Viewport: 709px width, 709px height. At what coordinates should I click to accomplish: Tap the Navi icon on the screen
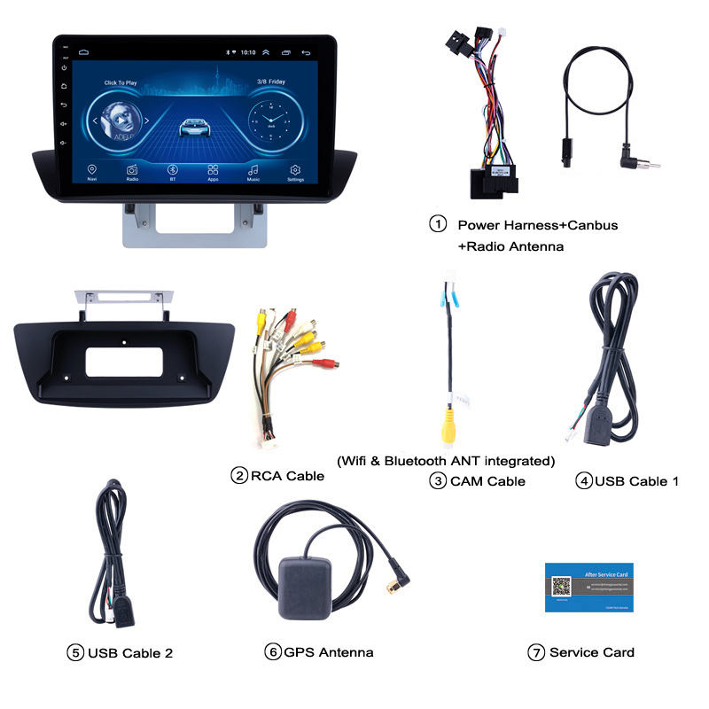point(91,169)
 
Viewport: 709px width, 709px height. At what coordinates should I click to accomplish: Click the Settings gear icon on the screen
point(295,169)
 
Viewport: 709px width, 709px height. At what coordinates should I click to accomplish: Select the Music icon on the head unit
point(253,169)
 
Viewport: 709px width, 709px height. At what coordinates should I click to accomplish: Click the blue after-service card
point(588,586)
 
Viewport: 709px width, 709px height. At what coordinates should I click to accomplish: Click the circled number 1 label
point(438,224)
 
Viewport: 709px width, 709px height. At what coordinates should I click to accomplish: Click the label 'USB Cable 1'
point(636,481)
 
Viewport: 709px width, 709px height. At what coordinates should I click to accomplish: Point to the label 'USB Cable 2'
point(130,653)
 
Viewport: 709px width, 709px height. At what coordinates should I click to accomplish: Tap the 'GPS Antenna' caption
point(329,652)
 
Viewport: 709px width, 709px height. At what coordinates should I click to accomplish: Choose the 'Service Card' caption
point(591,652)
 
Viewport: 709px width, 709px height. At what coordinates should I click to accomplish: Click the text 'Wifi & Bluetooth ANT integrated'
point(446,461)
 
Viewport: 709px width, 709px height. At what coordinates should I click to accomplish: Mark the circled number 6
point(272,652)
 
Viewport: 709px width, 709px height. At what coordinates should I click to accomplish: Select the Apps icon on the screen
point(213,169)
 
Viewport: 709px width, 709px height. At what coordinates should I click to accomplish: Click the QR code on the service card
point(560,587)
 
